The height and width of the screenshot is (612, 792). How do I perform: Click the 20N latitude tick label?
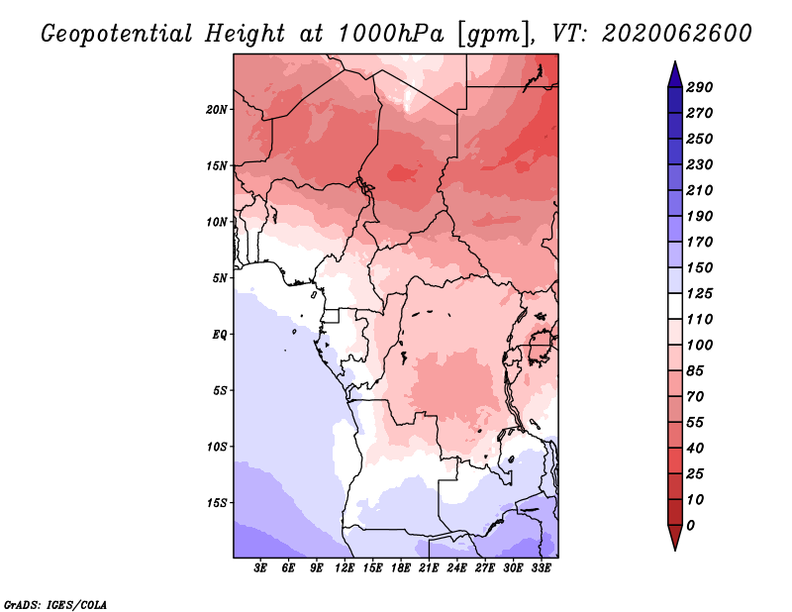[x=217, y=110]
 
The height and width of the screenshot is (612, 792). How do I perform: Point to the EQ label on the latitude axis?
[x=219, y=335]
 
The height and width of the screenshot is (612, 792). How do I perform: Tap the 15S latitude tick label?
[x=217, y=503]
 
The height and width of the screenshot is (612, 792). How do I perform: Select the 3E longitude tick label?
[x=260, y=567]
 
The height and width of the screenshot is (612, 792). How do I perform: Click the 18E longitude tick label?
[x=401, y=567]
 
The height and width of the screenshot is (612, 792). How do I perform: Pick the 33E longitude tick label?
[x=541, y=567]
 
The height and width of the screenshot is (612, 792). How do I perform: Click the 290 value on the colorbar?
[x=700, y=87]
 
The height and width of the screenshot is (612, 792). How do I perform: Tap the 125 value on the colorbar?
[x=700, y=293]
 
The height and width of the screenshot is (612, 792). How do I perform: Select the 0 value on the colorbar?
[x=690, y=526]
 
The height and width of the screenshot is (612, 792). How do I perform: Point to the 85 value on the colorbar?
[x=695, y=371]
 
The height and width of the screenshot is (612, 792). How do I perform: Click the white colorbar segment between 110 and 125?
[x=675, y=306]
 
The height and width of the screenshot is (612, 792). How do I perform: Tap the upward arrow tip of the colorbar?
[x=675, y=61]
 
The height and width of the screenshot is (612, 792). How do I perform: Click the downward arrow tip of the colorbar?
[x=675, y=550]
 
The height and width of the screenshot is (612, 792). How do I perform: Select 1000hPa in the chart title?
[x=390, y=34]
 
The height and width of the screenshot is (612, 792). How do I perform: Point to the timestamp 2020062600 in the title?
[x=677, y=34]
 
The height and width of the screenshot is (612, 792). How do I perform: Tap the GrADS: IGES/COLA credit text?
[x=55, y=605]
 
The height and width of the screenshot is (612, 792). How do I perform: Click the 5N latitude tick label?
[x=220, y=278]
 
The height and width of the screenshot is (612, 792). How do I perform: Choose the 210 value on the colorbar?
[x=700, y=190]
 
